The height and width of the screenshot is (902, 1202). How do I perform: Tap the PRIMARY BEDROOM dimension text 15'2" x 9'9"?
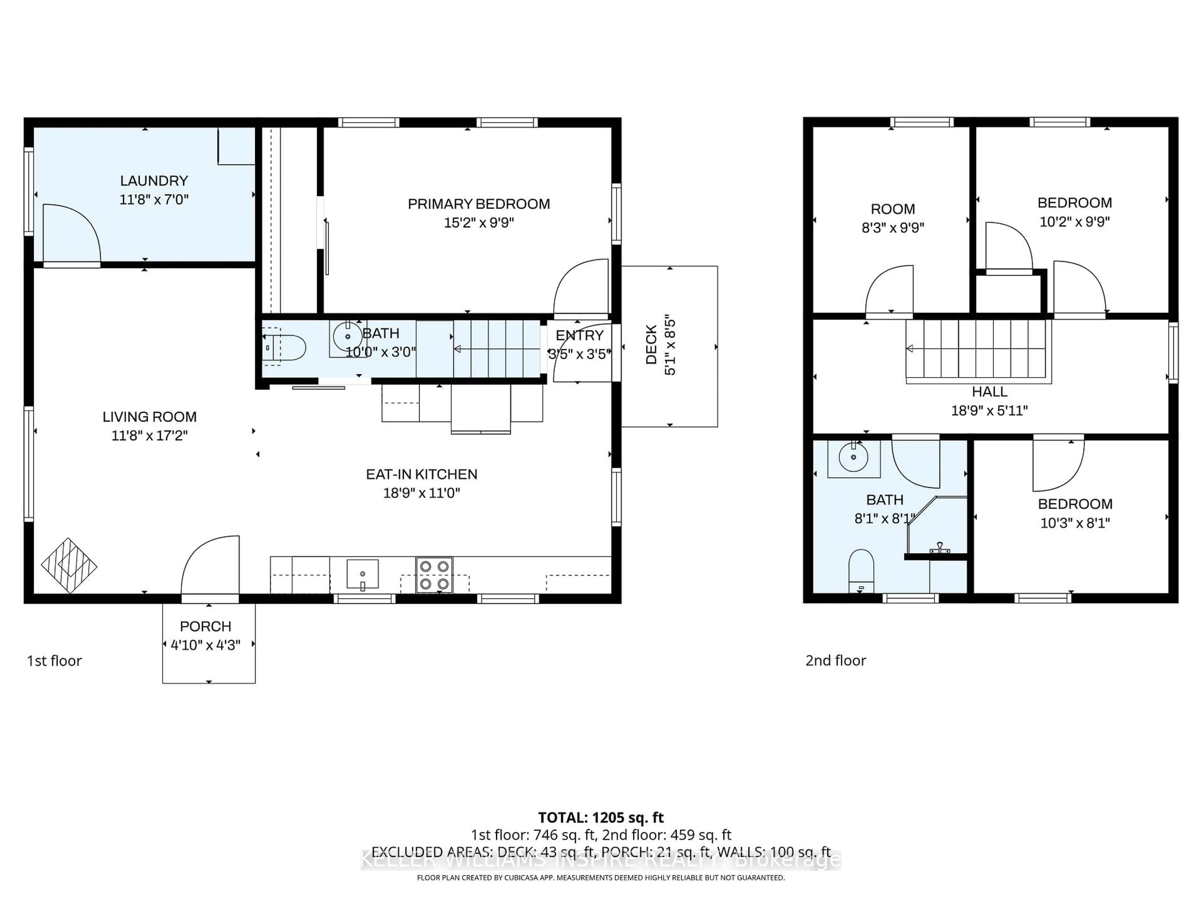coord(479,222)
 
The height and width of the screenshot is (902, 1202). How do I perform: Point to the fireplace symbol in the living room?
coord(69,565)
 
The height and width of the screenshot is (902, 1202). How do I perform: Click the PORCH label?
coord(205,626)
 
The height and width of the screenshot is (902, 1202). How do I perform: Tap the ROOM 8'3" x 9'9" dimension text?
coord(893,228)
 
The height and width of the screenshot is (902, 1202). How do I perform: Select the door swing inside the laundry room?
coord(71,234)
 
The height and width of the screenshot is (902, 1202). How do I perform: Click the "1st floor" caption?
coord(54,661)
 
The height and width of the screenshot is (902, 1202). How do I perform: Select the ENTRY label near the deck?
coord(579,335)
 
